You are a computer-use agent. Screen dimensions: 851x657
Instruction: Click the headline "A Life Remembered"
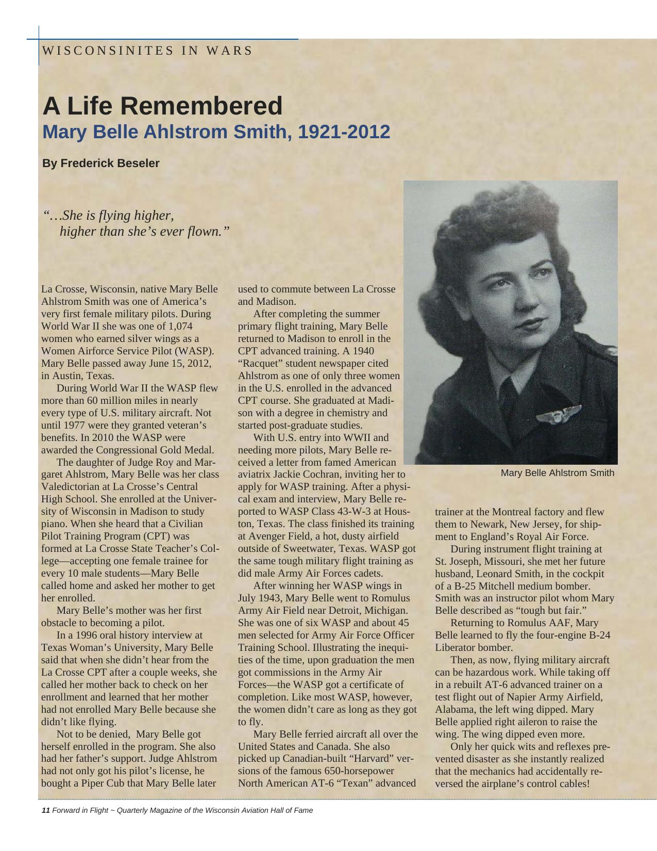(162, 106)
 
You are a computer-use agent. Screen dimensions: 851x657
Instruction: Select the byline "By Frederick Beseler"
(101, 163)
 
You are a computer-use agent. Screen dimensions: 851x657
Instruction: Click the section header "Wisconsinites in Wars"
(147, 51)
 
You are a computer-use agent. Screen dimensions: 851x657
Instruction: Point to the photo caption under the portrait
(557, 473)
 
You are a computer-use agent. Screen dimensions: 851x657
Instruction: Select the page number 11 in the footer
(45, 810)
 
